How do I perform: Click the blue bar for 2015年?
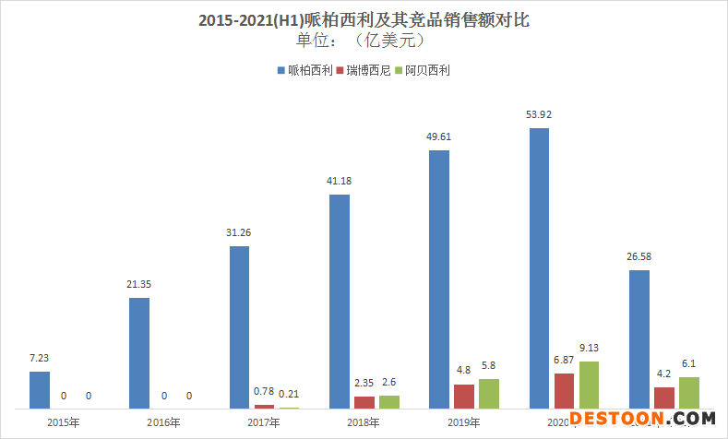[x=39, y=389]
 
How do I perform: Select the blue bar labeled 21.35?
[x=139, y=352]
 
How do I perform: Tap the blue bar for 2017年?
[x=240, y=326]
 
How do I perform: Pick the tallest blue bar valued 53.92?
[x=539, y=267]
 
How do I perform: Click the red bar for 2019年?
[x=464, y=396]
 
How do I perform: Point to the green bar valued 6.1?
[x=689, y=392]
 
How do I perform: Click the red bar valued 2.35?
[x=364, y=402]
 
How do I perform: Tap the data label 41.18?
[x=340, y=182]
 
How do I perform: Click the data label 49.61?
[x=439, y=137]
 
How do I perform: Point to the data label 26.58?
[x=638, y=257]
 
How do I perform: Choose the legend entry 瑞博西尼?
[x=367, y=70]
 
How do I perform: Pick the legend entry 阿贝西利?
[x=426, y=70]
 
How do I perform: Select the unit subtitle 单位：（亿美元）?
[x=364, y=41]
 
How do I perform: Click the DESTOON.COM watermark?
[x=642, y=418]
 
